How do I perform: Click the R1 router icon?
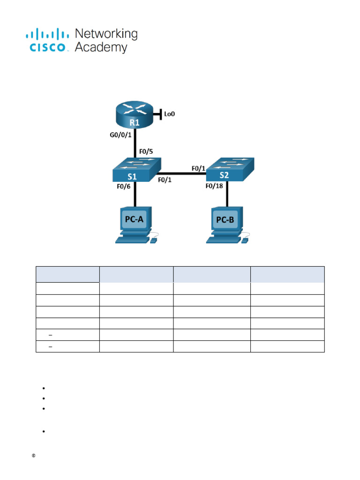click(x=135, y=115)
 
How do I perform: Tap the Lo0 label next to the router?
click(x=169, y=113)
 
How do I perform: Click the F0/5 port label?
click(x=146, y=152)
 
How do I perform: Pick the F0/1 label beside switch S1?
click(x=165, y=180)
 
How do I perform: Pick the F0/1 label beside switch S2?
click(x=199, y=167)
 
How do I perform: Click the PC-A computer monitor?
click(x=134, y=219)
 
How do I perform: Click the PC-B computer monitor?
click(x=225, y=219)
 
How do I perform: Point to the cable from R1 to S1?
click(x=135, y=143)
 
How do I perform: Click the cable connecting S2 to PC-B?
click(x=228, y=195)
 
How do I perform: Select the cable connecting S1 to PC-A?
click(x=135, y=195)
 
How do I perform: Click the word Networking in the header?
click(x=106, y=34)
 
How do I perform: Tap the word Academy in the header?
click(x=101, y=47)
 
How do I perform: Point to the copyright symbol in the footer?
click(x=33, y=456)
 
